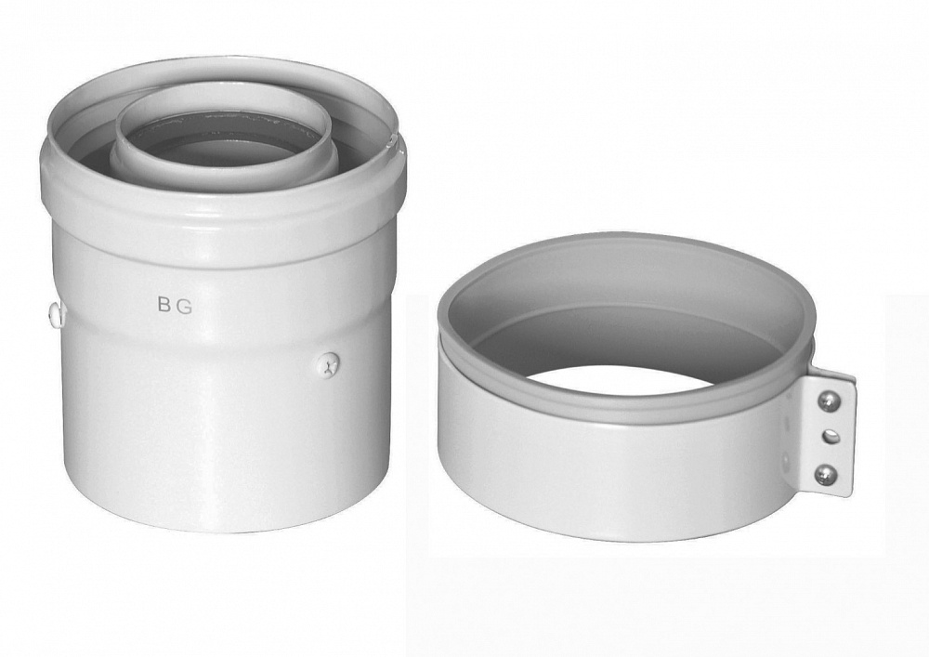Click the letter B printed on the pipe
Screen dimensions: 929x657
pos(164,305)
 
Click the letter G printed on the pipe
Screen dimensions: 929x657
pos(184,306)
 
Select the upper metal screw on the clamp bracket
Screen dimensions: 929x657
pos(829,402)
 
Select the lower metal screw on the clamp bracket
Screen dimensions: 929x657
pos(829,472)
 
